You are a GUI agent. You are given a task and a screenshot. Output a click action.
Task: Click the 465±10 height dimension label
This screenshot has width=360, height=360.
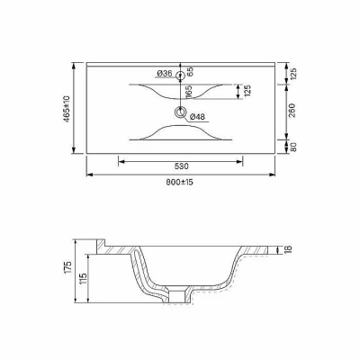(x=67, y=109)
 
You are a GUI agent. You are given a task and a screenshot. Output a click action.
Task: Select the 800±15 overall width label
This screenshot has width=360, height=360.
(x=180, y=182)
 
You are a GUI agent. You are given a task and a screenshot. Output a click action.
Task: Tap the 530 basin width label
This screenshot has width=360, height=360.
(x=181, y=166)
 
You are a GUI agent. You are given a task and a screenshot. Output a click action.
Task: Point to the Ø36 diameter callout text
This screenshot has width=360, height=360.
(x=165, y=73)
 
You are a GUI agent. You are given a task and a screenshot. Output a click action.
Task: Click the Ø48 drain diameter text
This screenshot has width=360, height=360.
(x=197, y=117)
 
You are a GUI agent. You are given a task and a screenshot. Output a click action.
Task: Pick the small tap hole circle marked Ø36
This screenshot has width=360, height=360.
(x=180, y=75)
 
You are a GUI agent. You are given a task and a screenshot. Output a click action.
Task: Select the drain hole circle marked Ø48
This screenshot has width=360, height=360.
(x=180, y=112)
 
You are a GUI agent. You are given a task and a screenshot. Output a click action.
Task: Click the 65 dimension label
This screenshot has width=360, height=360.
(x=190, y=72)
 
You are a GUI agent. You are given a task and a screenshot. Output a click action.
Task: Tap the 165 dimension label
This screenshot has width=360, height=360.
(x=189, y=92)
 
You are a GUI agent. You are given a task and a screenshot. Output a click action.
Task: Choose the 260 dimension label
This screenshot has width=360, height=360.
(x=292, y=111)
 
